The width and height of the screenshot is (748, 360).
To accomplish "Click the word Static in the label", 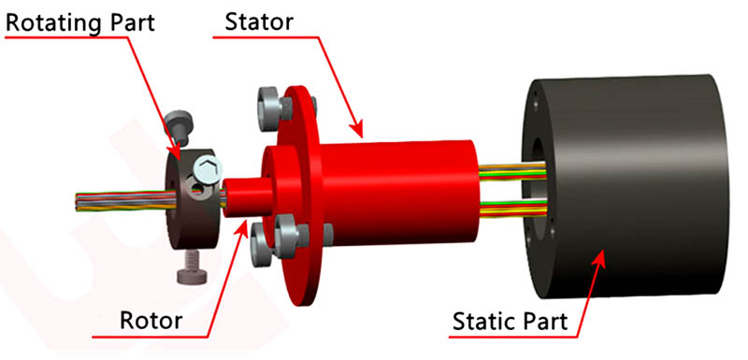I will [484, 324].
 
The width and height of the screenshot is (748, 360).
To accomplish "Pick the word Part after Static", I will [546, 324].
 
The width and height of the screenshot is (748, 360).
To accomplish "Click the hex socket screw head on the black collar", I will [208, 171].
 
